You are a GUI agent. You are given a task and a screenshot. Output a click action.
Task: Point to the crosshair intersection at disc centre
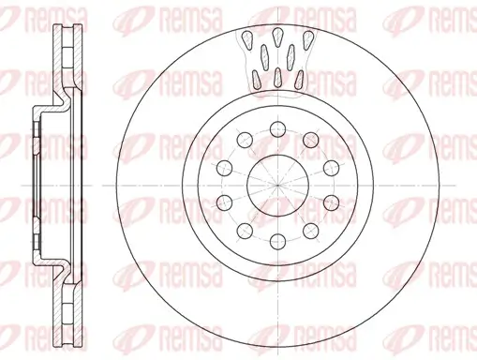[x=277, y=184]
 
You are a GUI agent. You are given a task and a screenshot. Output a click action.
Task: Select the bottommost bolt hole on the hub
[x=277, y=238]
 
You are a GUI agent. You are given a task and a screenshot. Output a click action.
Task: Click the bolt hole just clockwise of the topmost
[x=310, y=141]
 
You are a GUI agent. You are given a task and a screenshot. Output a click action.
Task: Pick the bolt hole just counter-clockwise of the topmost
[x=246, y=141]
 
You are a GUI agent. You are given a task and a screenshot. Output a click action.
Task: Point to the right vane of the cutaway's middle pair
[x=291, y=52]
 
